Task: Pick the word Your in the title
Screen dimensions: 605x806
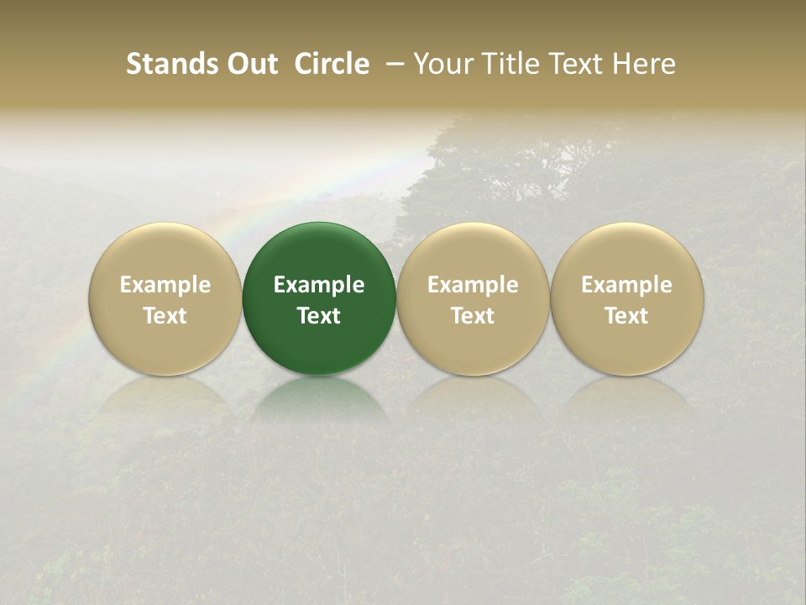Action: coord(442,64)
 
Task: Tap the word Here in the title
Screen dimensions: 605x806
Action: coord(643,64)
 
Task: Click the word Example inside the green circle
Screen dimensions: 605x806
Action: coord(319,285)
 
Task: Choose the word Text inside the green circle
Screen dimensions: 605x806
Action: coord(319,316)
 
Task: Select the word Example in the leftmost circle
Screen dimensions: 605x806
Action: coord(165,285)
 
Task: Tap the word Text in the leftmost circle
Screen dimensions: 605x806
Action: coord(165,316)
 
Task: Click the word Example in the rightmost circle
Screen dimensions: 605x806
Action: coord(627,285)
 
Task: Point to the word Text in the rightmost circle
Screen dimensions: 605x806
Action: coord(627,316)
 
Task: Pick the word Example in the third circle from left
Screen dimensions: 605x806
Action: coord(473,285)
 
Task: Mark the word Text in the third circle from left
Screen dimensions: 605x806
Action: coord(473,316)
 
